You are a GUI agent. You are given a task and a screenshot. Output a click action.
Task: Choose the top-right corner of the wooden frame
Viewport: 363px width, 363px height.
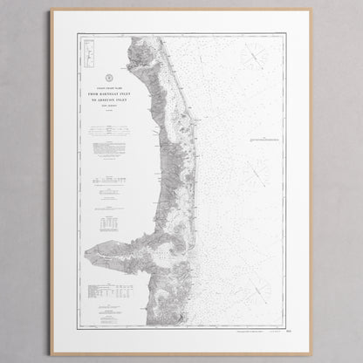(x=312, y=10)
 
